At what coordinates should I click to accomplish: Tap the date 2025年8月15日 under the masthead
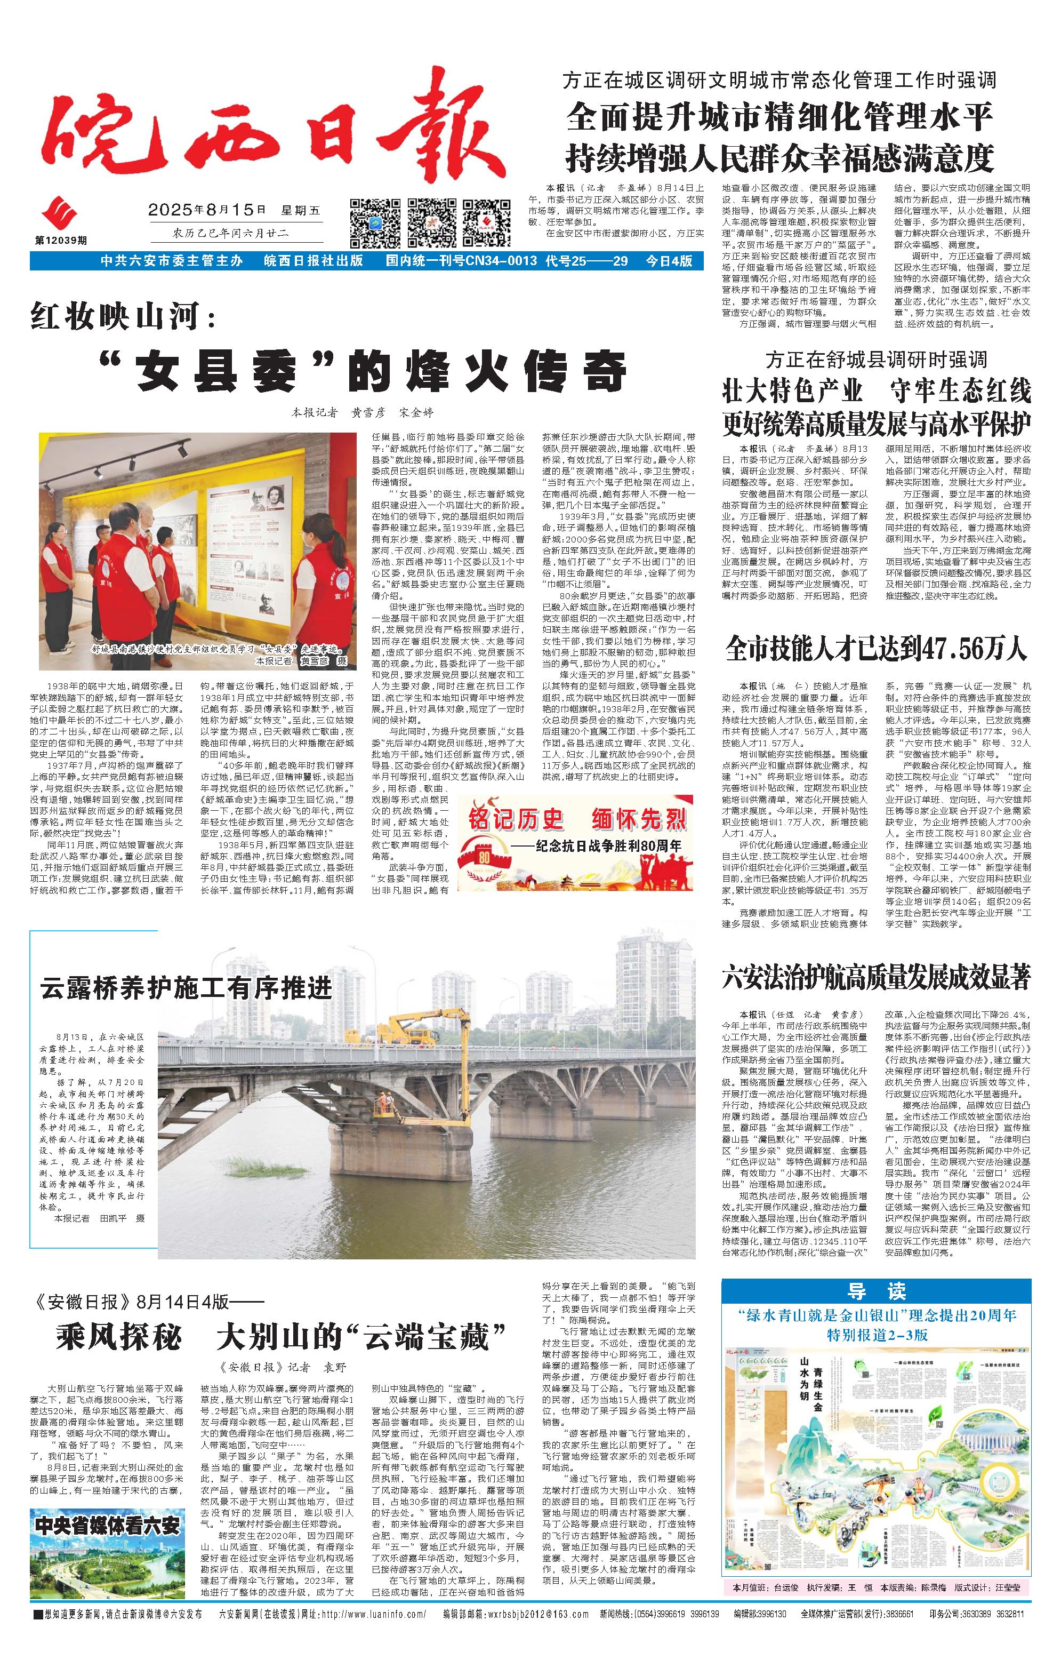click(x=207, y=210)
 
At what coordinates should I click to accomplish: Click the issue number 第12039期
click(x=61, y=240)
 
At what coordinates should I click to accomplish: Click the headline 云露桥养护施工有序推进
click(x=186, y=988)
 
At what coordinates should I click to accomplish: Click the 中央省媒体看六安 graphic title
click(x=108, y=1526)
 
